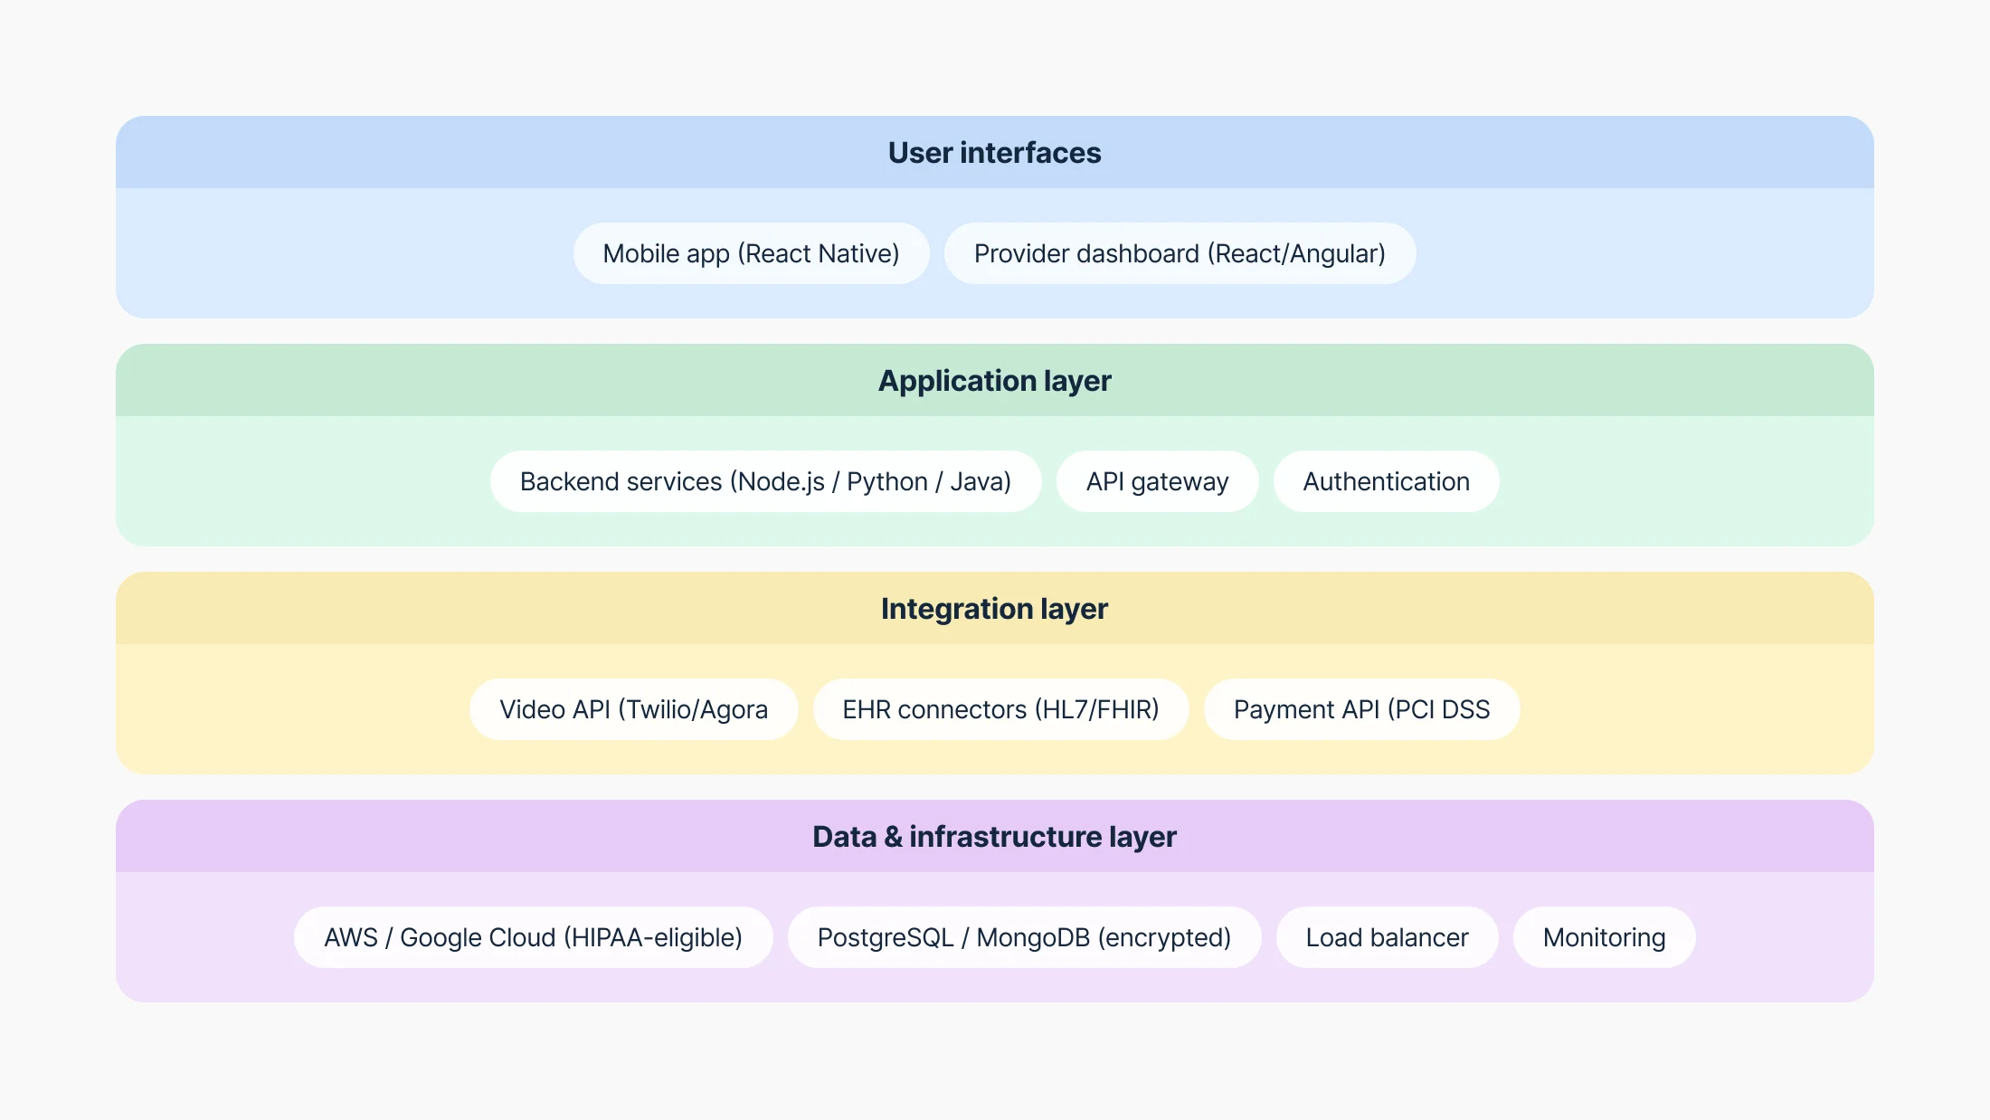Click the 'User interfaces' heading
tap(994, 153)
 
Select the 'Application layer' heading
tap(994, 381)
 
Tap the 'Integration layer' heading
tap(994, 609)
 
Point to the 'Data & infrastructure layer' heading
tap(994, 837)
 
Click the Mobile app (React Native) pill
tap(751, 253)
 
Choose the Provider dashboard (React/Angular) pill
tap(1180, 253)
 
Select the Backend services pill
tap(765, 481)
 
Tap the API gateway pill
tap(1157, 481)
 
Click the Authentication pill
tap(1386, 481)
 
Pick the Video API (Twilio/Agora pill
tap(633, 709)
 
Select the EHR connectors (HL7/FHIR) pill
tap(1000, 709)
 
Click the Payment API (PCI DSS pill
tap(1361, 709)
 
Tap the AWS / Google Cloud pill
tap(533, 937)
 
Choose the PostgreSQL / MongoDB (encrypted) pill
tap(1024, 937)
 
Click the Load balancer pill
tap(1387, 937)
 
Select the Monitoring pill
tap(1604, 937)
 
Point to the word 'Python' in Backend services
tap(887, 482)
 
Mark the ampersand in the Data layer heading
tap(893, 837)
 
